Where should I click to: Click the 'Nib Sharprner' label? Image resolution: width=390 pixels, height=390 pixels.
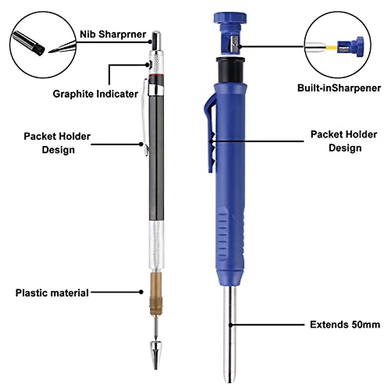coord(113,34)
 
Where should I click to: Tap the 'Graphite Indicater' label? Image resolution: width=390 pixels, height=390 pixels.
coord(95,94)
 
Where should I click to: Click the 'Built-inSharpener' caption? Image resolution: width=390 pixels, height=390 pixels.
coord(339,88)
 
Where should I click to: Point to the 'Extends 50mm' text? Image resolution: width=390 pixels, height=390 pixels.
coord(345,324)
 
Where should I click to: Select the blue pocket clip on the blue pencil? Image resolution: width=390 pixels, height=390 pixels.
coord(208,136)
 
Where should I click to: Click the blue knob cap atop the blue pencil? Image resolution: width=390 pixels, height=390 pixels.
coord(230,18)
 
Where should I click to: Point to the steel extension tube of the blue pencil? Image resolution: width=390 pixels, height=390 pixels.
coord(230,335)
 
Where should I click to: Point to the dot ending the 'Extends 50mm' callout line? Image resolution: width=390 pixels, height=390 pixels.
coord(230,324)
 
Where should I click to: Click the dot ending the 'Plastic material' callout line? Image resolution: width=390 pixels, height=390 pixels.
coord(141,292)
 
